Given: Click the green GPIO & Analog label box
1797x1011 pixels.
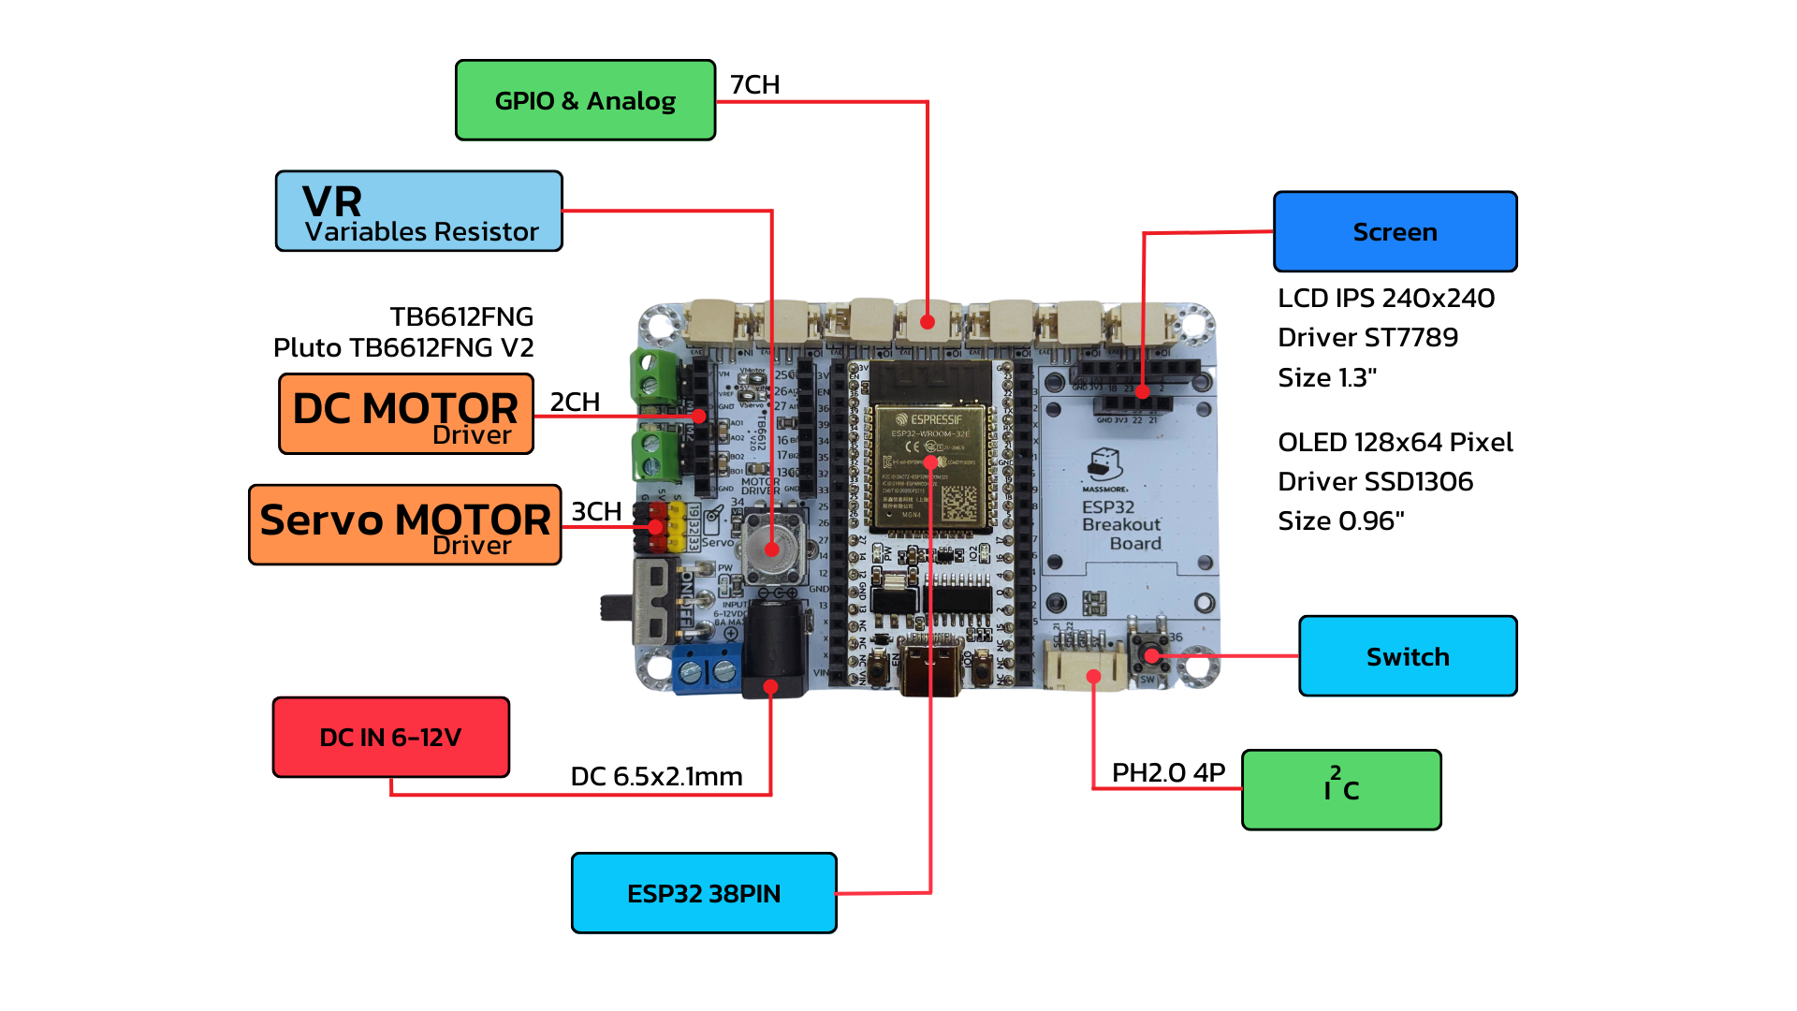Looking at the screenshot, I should coord(585,100).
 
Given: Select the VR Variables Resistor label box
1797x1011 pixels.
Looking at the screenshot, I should coord(418,211).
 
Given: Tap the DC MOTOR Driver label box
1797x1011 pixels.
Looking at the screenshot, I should coord(406,414).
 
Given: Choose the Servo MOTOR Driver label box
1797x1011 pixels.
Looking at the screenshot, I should coord(404,525).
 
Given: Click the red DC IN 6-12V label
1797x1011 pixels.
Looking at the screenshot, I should coord(390,737).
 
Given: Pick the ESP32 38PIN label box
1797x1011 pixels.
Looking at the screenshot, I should coord(704,893).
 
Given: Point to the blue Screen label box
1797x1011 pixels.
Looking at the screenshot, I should coord(1395,232).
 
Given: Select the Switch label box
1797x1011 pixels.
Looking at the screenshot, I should coord(1408,656).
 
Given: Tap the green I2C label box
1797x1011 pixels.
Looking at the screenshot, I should coord(1341,789).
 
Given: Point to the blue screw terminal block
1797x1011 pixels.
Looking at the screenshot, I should coord(708,669).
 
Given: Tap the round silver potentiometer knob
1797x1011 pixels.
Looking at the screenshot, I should coord(771,546).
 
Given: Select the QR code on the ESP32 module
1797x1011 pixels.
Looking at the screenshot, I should coord(958,503).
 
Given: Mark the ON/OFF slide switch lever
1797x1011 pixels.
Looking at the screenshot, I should coord(614,607).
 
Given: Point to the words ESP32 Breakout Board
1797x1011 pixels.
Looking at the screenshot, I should coord(1121,525).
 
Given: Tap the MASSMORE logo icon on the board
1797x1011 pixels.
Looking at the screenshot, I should coord(1105,464).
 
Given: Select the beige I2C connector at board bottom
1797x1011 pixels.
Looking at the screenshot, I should coord(1086,669).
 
